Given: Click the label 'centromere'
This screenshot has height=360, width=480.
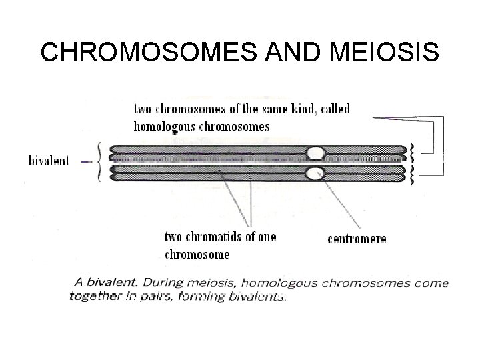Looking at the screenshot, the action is (x=357, y=239).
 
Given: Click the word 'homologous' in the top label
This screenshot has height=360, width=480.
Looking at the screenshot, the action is (x=163, y=126).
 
